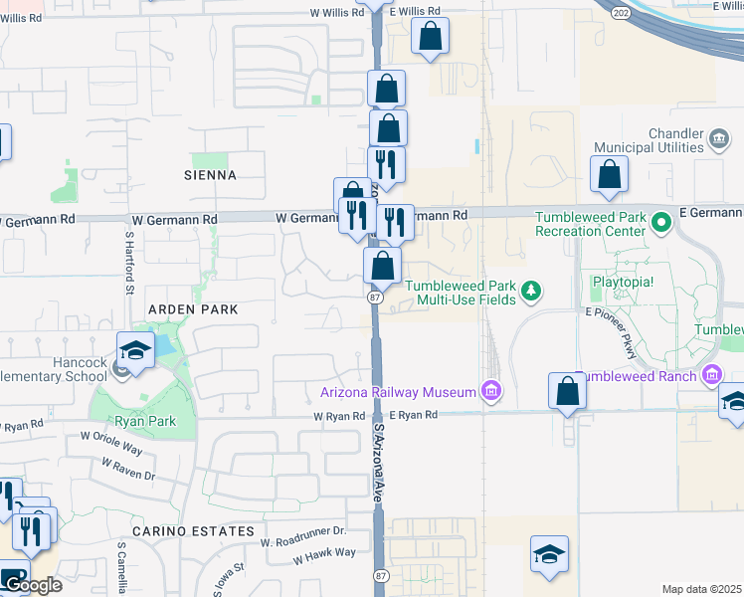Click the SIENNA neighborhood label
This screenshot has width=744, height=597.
pos(211,175)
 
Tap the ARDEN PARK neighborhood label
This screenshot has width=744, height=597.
pos(193,309)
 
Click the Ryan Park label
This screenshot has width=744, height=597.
pos(143,421)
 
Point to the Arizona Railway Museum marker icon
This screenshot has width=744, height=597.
pos(490,392)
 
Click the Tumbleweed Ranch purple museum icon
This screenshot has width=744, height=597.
pos(711,375)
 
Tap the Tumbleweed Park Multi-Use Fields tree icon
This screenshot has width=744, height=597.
pos(532,291)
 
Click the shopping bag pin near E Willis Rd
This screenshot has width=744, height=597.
pos(430,38)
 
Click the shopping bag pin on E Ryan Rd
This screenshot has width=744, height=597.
pos(567,391)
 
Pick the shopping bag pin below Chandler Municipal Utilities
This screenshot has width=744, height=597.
pos(609,174)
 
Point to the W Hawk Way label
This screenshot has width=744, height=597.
pos(324,552)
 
